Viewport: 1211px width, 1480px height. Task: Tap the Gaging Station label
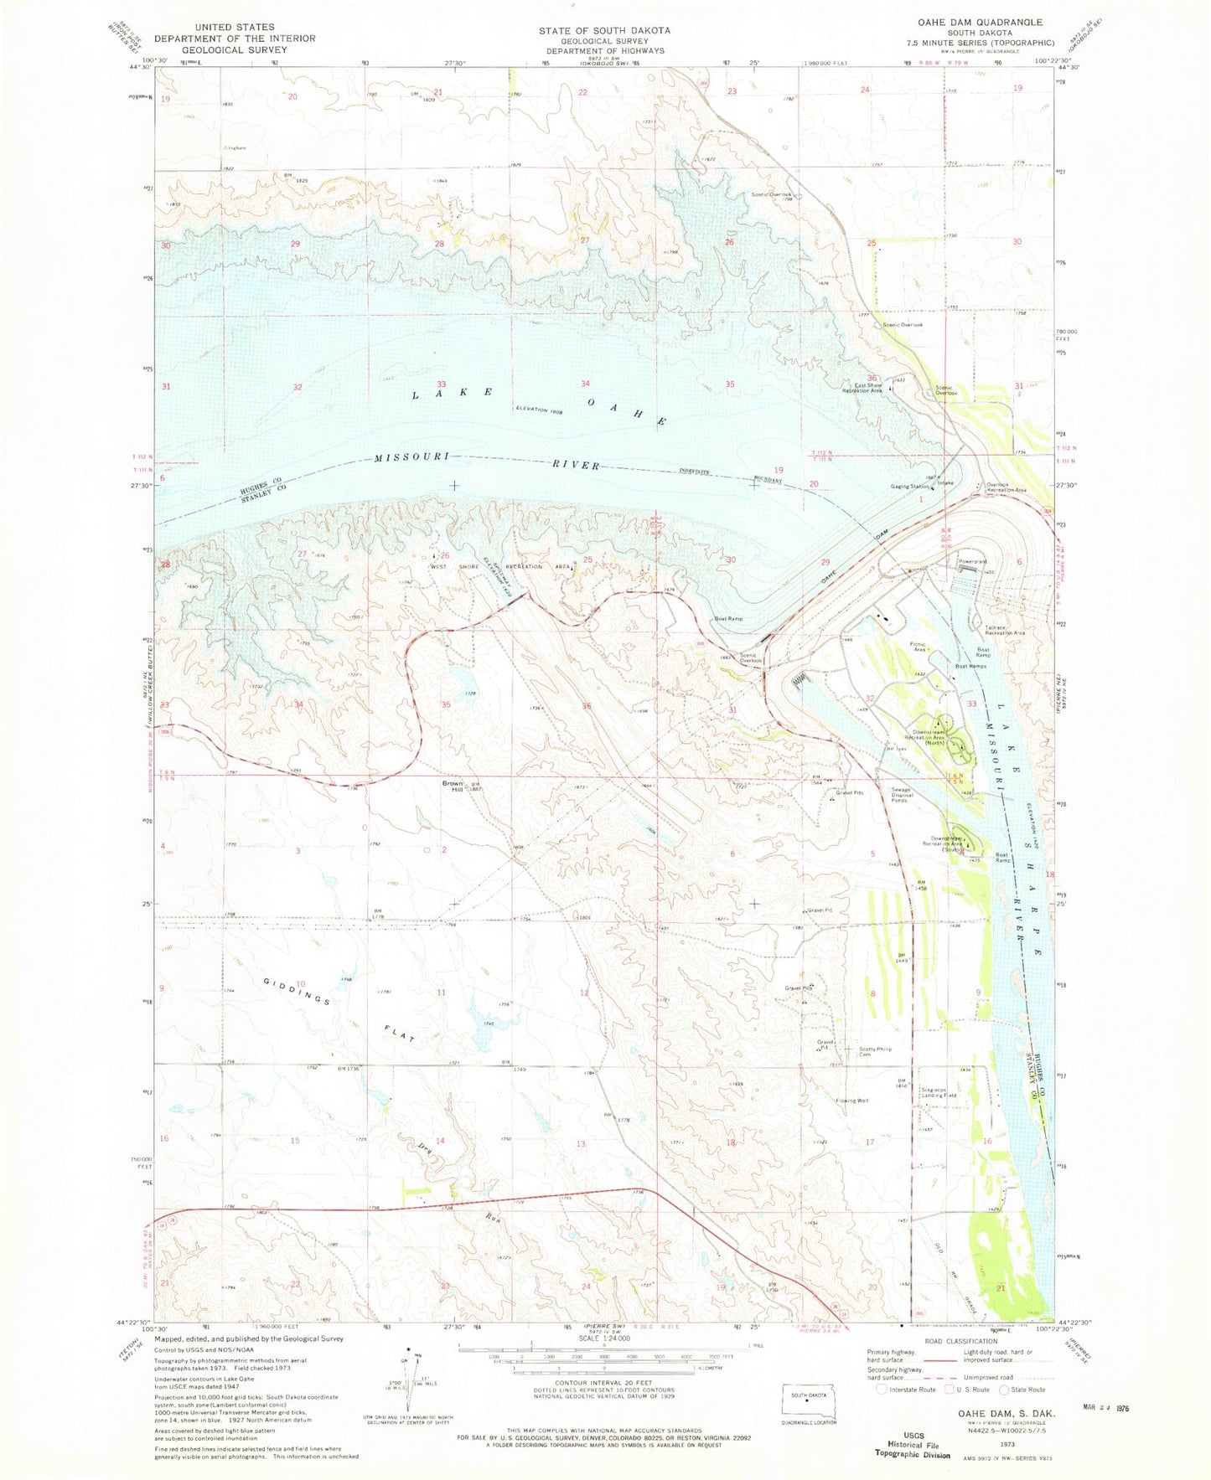point(910,487)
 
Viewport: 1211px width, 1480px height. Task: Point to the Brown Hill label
point(453,786)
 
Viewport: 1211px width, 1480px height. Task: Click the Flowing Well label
point(851,1101)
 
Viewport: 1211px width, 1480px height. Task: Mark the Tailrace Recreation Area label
point(1005,630)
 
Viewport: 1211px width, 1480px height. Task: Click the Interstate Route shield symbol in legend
point(882,1389)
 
